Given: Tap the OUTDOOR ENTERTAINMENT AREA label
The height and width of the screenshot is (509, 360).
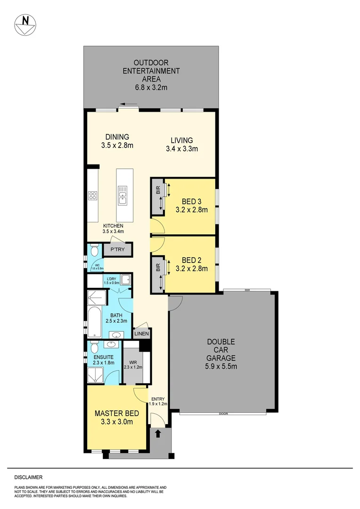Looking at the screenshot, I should [x=151, y=75].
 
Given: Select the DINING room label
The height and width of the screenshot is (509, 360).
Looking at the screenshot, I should [x=117, y=141].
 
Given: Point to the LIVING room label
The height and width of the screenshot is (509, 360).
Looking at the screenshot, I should [x=181, y=144].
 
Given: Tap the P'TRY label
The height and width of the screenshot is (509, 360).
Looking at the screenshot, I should [x=117, y=249].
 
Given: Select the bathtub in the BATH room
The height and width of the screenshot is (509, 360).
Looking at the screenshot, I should [x=94, y=322].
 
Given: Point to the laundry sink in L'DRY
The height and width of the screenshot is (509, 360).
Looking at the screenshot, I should [x=125, y=281].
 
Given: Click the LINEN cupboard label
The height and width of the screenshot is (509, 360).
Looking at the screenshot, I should [x=141, y=334].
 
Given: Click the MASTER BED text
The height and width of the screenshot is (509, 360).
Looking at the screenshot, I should [x=117, y=417].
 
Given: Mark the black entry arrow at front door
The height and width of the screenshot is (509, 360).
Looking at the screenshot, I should [x=158, y=433].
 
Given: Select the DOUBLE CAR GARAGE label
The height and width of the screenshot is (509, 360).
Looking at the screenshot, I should [x=221, y=353].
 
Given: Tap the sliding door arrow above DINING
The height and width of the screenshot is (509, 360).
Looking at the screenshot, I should [x=125, y=105].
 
